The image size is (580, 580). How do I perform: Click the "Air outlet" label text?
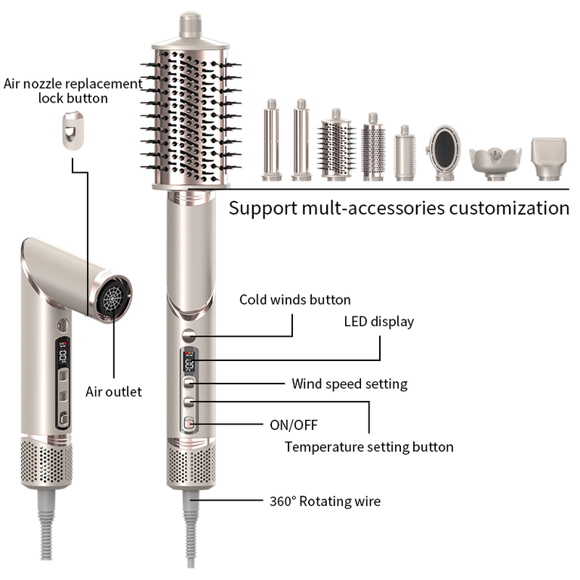113,392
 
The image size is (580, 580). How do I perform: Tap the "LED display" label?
379,322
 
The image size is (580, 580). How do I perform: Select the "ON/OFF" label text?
294,425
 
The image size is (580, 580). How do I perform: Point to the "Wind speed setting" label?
350,384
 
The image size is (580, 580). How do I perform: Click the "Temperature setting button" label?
369,447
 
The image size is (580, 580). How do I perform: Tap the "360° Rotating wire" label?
325,501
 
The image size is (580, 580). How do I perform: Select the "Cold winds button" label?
295,300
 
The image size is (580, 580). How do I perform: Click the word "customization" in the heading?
509,208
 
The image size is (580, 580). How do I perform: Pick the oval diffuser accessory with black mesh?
444,153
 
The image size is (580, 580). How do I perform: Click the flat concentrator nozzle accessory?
548,159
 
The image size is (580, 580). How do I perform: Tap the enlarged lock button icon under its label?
72,131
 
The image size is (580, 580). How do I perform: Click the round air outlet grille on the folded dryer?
114,298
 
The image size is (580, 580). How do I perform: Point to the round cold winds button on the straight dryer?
189,335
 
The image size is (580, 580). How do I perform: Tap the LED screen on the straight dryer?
189,362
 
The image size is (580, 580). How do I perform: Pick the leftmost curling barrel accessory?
272,140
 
